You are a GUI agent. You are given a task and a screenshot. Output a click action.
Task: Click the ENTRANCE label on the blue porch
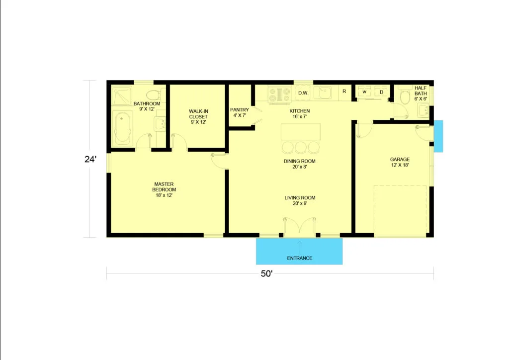(x=300, y=258)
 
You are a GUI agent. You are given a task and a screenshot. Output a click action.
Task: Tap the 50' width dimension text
(x=266, y=273)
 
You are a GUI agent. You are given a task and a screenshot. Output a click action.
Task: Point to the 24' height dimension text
(x=90, y=159)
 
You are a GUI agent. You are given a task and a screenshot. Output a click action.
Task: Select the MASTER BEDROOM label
(x=164, y=189)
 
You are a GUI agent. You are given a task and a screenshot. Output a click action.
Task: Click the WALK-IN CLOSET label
(x=198, y=116)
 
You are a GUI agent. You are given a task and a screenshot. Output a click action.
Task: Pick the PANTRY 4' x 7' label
(x=240, y=112)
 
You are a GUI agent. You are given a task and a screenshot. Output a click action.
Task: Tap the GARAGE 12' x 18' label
(x=400, y=162)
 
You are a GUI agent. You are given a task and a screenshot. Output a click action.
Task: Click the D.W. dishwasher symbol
(x=303, y=93)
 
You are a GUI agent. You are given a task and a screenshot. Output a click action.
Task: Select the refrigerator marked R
(x=344, y=92)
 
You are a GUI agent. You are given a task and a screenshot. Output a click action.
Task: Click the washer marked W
(x=364, y=92)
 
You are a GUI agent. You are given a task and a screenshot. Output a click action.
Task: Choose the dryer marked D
(x=381, y=92)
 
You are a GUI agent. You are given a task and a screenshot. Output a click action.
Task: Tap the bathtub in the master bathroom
(x=122, y=127)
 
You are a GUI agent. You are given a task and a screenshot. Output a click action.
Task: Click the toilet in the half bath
(x=405, y=96)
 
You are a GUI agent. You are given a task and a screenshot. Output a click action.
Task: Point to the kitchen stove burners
(x=279, y=94)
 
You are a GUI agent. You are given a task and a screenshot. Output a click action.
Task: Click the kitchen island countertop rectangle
(x=301, y=131)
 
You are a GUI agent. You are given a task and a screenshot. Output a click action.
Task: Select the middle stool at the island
(x=301, y=147)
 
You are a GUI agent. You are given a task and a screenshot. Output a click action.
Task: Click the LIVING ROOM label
(x=300, y=200)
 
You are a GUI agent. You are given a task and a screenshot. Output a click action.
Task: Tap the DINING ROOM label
(x=299, y=164)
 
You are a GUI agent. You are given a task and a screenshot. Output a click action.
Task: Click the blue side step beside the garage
(x=438, y=136)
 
